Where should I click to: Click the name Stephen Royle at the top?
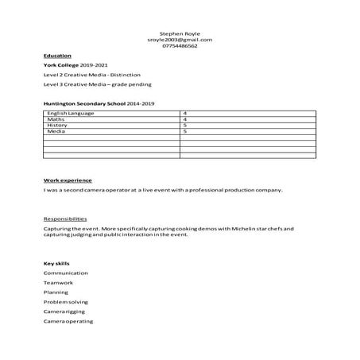click(180, 33)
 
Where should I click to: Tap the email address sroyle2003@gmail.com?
click(180, 40)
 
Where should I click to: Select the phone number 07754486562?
click(180, 46)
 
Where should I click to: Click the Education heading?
click(56, 56)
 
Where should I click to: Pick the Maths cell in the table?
click(55, 119)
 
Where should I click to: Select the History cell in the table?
click(57, 126)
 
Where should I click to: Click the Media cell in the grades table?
click(56, 131)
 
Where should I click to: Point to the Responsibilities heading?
click(65, 218)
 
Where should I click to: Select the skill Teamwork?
click(58, 282)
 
